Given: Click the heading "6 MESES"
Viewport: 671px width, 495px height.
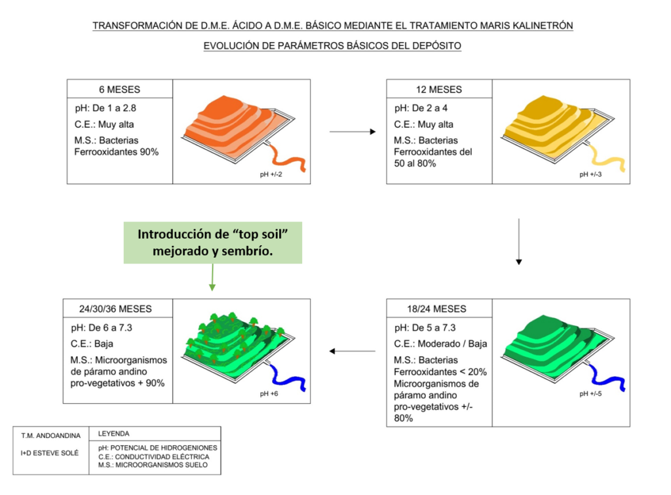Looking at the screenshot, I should coord(120,90).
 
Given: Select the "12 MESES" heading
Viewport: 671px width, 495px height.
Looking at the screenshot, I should coord(438,90).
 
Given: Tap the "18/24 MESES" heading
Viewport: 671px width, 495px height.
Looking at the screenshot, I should coord(439,309).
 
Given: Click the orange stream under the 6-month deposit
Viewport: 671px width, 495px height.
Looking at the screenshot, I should coord(289,157).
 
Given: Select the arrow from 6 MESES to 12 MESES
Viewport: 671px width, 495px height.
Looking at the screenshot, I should coord(352,132).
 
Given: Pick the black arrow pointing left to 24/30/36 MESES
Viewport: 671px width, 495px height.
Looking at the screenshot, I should coord(352,351).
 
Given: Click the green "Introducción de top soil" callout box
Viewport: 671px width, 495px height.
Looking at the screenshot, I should coord(212,242).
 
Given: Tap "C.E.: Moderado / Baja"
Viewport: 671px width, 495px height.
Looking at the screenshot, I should coord(441,344).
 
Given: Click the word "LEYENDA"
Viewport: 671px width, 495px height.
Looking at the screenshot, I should coord(114,434).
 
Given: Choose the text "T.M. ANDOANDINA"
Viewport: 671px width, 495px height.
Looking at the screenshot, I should coord(50,435).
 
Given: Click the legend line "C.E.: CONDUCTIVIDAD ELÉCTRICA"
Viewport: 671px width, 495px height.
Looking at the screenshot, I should coord(153,457).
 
